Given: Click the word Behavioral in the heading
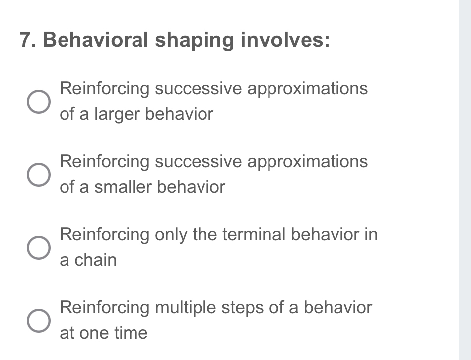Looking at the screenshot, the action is (95, 39).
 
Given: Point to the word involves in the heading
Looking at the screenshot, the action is (285, 40).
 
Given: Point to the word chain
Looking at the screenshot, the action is (95, 260).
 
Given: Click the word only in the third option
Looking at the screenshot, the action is (171, 235).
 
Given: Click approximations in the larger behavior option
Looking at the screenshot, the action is (307, 89).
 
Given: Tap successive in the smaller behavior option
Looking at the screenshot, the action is (198, 161).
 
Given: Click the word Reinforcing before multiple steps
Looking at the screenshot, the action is (105, 308).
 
